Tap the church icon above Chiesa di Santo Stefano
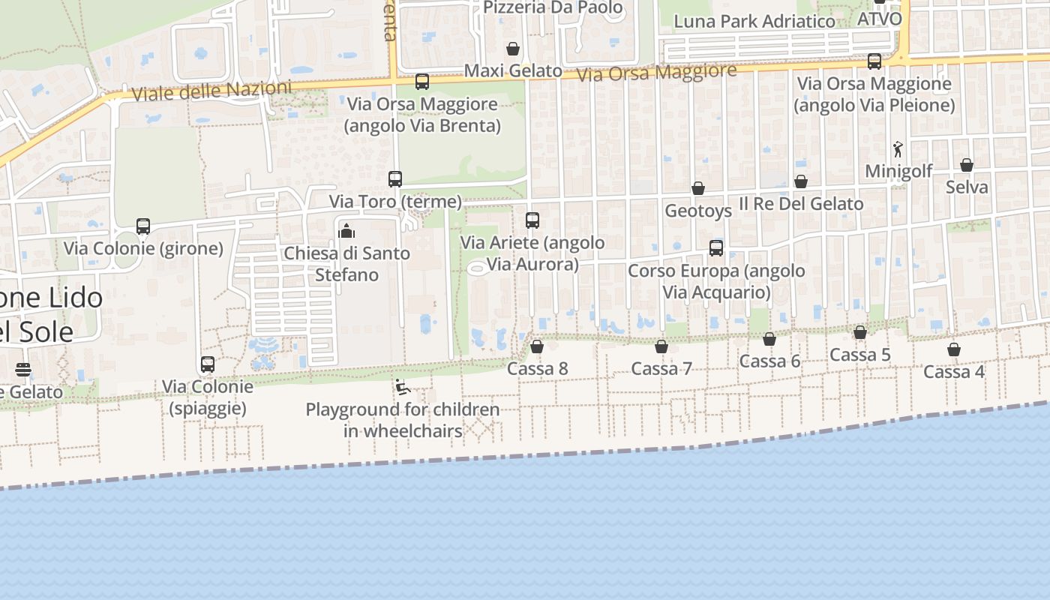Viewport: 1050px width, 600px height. (346, 231)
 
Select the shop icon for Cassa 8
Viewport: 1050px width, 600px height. (537, 346)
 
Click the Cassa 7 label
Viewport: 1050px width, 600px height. (661, 368)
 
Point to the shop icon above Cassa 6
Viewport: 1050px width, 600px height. (769, 339)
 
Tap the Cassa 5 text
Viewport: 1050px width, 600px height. (860, 355)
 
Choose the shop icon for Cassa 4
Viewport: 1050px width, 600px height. (954, 349)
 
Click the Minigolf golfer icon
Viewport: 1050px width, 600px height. (898, 149)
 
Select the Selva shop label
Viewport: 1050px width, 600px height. (967, 187)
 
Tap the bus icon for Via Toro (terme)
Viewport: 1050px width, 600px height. (395, 179)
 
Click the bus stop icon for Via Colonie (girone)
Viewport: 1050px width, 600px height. (143, 226)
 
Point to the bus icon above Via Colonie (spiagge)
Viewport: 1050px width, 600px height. (208, 364)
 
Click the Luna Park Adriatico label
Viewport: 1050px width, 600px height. (754, 22)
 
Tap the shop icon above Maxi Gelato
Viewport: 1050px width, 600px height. (513, 49)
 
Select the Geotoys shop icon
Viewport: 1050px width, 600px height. (698, 188)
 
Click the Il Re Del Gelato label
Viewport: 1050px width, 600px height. (801, 203)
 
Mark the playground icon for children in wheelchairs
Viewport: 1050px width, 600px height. (403, 387)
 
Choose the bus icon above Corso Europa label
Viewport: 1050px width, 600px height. (716, 248)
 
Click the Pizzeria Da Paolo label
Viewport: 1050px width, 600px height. (553, 7)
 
